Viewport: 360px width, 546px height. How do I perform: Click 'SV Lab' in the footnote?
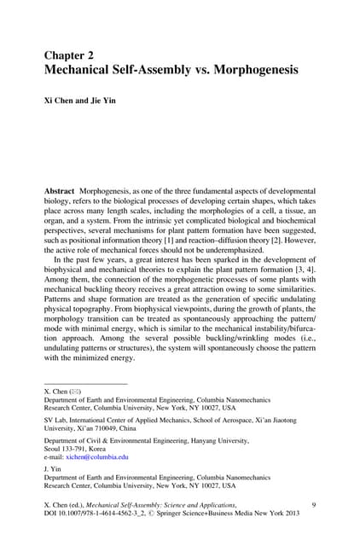coord(56,419)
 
